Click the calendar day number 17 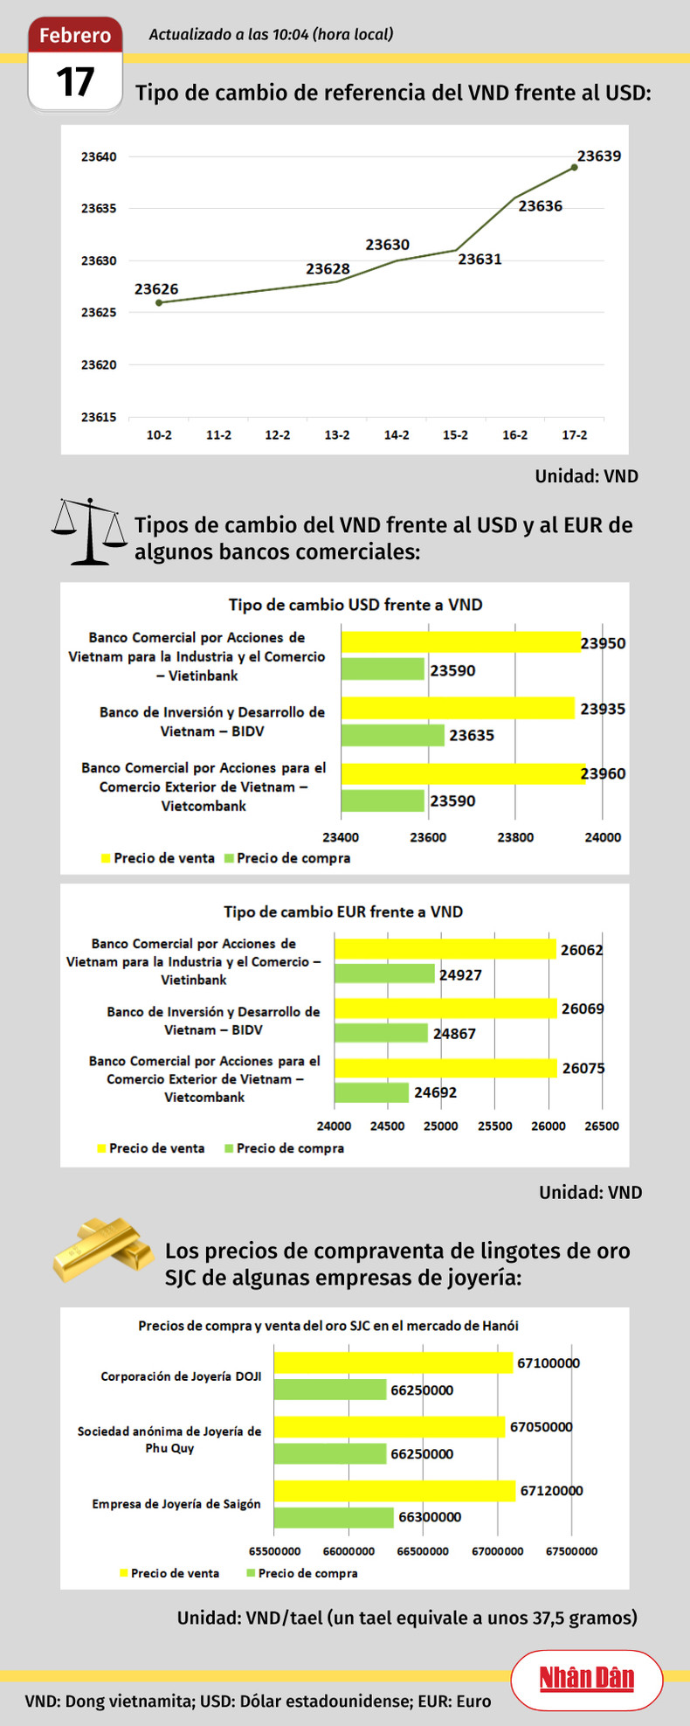click(75, 82)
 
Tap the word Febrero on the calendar click(75, 35)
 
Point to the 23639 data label click(599, 156)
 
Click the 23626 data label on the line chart click(156, 289)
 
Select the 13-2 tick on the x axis click(337, 435)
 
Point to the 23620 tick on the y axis click(99, 365)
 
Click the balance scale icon click(89, 531)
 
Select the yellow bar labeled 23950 click(460, 642)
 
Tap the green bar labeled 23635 click(392, 735)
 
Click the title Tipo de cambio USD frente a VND click(355, 605)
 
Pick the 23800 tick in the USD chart click(515, 837)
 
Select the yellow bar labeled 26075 click(445, 1068)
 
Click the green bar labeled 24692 click(371, 1092)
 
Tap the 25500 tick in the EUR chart click(494, 1126)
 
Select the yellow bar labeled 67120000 click(395, 1491)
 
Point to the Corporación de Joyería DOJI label click(181, 1376)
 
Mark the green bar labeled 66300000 click(334, 1517)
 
